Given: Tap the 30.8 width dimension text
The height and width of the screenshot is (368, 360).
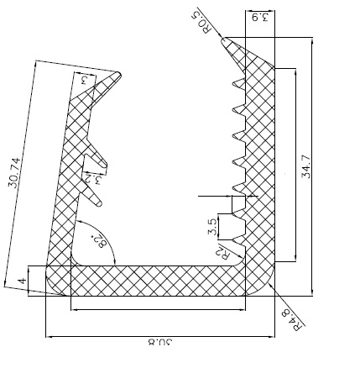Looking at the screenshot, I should coord(156,341).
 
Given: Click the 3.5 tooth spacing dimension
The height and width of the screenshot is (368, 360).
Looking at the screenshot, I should coord(212,225).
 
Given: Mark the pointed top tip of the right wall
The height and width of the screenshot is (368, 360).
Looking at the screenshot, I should coord(224,39).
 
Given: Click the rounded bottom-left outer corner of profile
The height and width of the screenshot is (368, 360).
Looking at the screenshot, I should coord(52,289).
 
